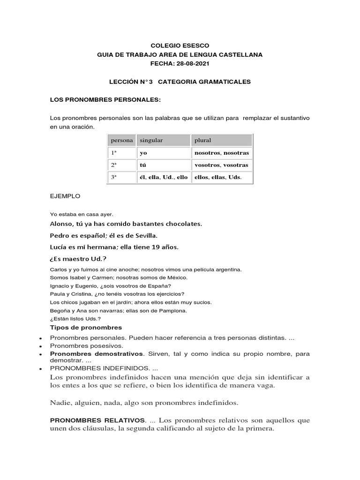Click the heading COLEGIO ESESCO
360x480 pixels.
180,45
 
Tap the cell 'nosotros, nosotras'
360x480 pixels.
221,153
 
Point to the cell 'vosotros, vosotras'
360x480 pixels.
221,165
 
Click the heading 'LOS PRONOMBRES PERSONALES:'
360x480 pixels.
105,100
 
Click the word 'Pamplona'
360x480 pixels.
173,310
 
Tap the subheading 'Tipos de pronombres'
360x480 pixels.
86,327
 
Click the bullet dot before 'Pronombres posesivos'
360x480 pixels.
41,346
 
